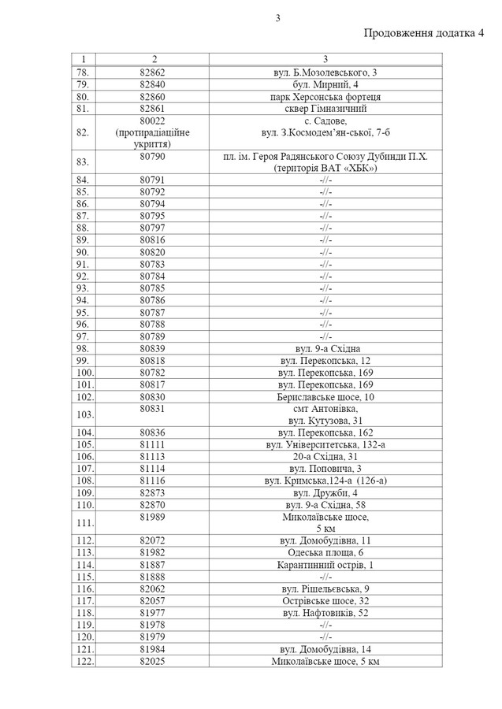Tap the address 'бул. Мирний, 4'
tap(325, 84)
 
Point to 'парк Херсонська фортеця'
tap(325, 96)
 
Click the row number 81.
tap(83, 108)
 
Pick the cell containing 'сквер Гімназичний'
tap(325, 108)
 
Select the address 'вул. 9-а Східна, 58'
tap(325, 504)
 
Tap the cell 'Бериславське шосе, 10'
tap(325, 397)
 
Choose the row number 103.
tap(83, 414)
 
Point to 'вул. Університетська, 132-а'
tap(325, 444)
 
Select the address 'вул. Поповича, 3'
tap(325, 468)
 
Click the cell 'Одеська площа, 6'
tap(325, 552)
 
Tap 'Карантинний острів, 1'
tap(325, 565)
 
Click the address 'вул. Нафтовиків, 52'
tap(325, 612)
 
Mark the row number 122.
tap(83, 660)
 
